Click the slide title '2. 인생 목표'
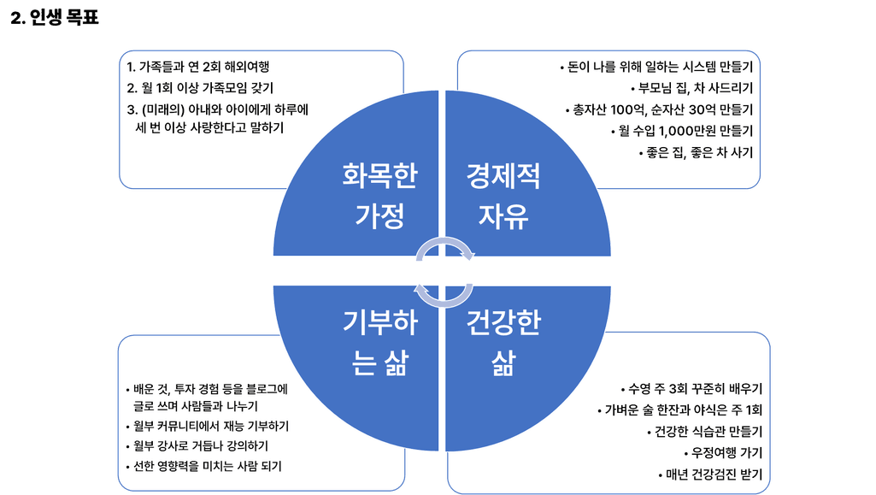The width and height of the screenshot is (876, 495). (x=54, y=17)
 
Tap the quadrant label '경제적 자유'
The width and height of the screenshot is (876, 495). (x=503, y=195)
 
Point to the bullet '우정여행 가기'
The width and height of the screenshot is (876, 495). (x=723, y=452)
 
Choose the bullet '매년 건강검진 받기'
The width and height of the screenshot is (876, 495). (x=708, y=474)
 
